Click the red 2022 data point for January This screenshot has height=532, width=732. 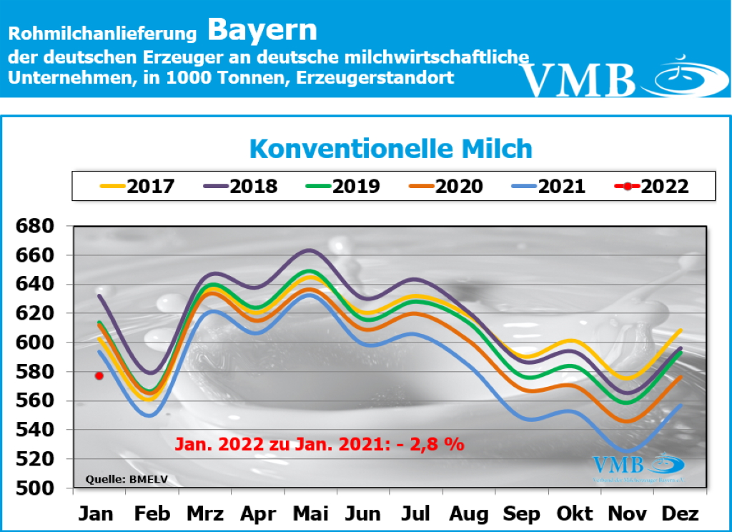pyautogui.click(x=99, y=375)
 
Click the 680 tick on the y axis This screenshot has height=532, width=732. pyautogui.click(x=35, y=227)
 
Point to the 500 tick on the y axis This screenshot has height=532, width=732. pyautogui.click(x=35, y=488)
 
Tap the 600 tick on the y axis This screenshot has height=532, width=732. pyautogui.click(x=35, y=343)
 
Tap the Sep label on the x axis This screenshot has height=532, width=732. pyautogui.click(x=521, y=513)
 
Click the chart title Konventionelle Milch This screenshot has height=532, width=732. pyautogui.click(x=391, y=149)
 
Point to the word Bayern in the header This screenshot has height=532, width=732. pyautogui.click(x=262, y=30)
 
